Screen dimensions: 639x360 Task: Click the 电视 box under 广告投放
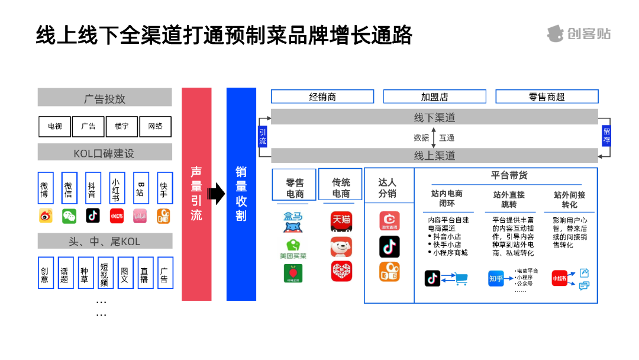point(55,126)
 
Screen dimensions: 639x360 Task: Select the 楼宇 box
point(121,126)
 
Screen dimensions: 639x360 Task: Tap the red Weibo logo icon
point(46,216)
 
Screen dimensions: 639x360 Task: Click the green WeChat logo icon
point(69,216)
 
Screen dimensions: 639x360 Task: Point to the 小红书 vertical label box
point(117,188)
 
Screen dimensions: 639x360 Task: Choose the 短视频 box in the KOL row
point(104,272)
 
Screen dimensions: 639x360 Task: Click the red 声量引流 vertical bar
point(196,194)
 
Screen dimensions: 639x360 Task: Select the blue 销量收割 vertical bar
point(241,194)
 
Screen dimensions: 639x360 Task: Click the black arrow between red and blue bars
point(217,193)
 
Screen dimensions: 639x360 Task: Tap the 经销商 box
point(322,97)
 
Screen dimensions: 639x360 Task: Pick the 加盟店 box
point(434,97)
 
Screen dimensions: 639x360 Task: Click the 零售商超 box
point(547,97)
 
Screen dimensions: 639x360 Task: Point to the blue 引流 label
point(263,137)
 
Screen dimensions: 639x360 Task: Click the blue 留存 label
point(606,136)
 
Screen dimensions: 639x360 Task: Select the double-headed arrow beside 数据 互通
point(434,137)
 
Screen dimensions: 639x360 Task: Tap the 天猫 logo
point(341,221)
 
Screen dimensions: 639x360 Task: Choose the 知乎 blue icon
point(496,278)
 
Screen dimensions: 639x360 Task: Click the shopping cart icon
point(460,278)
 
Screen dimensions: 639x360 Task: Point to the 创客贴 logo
point(578,34)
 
